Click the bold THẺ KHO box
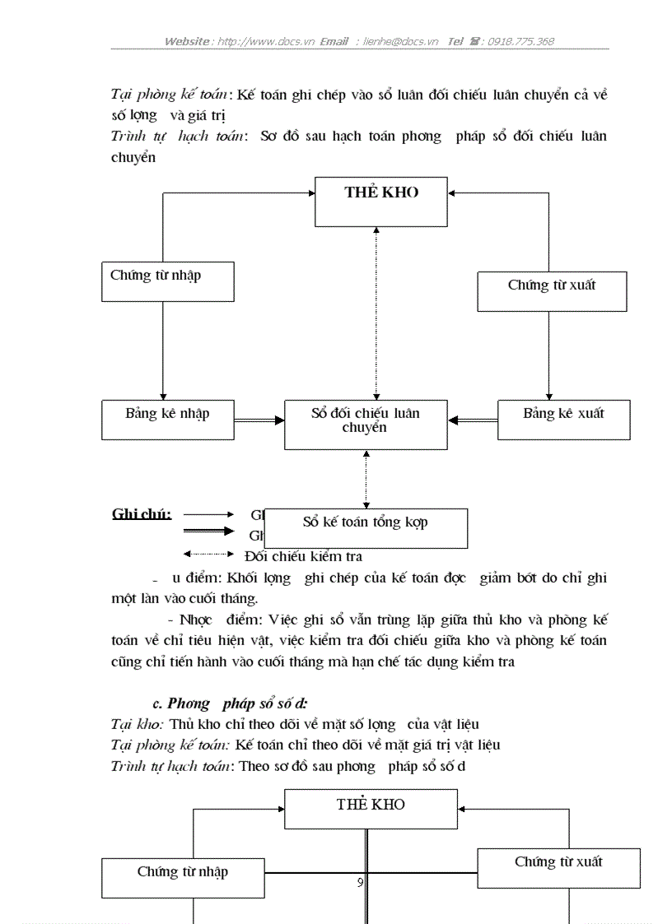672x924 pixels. [381, 201]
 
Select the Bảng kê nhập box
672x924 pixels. [167, 420]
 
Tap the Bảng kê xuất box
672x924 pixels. [563, 420]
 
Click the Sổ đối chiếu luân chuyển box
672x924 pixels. [366, 425]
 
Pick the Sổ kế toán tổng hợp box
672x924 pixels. [366, 527]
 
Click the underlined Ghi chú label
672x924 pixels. [142, 514]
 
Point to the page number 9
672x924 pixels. [361, 883]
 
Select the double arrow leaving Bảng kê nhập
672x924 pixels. [259, 420]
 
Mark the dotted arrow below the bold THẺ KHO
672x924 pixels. [376, 313]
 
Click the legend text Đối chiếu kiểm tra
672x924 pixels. [303, 557]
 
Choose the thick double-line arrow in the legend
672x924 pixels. [208, 532]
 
